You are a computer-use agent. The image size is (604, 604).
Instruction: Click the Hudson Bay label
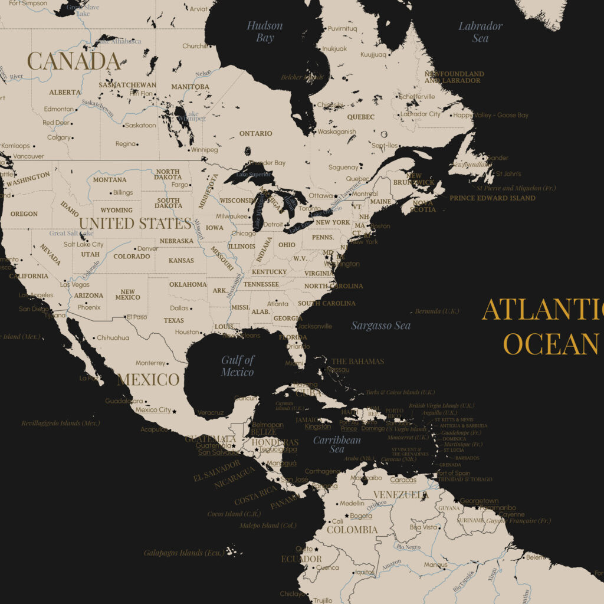point(265,32)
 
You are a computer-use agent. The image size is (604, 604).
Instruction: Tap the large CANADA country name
point(74,61)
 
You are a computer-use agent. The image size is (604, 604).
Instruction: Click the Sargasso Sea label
point(380,326)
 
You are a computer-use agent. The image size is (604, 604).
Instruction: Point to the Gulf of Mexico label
point(238,366)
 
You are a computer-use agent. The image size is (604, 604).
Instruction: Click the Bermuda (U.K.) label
point(437,311)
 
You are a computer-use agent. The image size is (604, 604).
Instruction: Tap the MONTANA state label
point(110,179)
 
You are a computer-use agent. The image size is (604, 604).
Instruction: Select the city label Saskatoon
point(140,125)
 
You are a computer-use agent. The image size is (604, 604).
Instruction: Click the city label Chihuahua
point(113,338)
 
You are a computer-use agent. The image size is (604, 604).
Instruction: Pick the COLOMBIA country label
point(352,530)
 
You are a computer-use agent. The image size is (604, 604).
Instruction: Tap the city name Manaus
point(435,565)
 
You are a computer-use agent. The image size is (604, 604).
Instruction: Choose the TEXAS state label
point(173,321)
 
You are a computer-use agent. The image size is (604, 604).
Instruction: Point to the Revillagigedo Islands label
point(61,423)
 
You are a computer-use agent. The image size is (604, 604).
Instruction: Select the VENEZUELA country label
point(401,494)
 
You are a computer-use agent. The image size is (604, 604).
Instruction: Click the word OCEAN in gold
point(551,344)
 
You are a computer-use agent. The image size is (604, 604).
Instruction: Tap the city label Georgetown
point(479,501)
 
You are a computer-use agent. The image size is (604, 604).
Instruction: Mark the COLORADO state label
point(132,257)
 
